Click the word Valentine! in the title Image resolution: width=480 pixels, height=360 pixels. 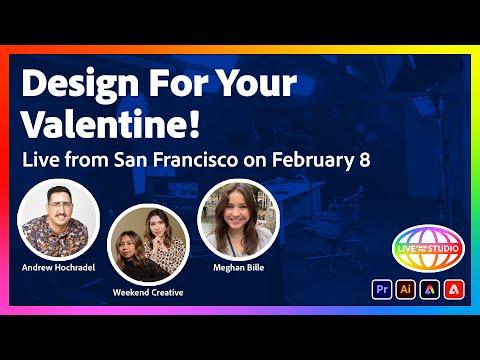coord(111,124)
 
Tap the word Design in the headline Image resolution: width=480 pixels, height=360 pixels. coord(80,83)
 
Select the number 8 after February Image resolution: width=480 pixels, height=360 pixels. coord(365,160)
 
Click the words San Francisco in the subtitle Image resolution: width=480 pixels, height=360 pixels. coord(176,160)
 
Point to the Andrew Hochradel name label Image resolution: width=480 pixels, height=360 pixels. coord(58,267)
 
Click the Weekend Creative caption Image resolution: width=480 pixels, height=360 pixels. coord(148,293)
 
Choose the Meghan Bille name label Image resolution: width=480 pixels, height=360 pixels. coord(239,268)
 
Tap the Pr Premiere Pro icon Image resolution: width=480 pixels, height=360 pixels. coord(382,289)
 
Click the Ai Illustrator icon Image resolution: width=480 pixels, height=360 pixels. coord(406,289)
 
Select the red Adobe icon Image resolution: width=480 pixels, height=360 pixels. coord(454,289)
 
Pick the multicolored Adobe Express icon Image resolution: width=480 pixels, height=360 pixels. coord(430,289)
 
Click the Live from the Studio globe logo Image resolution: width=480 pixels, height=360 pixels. coord(428,249)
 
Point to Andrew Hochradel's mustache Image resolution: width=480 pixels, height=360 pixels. coord(60,216)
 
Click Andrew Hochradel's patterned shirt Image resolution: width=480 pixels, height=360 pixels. coord(55,237)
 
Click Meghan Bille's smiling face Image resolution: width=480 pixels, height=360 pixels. coord(237,211)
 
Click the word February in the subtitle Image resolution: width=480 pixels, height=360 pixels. coord(313,160)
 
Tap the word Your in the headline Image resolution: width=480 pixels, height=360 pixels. coord(257,83)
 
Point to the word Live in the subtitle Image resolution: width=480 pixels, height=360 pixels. coord(41,160)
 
